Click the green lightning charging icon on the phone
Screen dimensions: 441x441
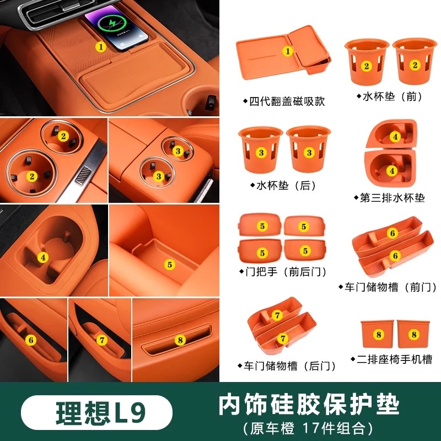coord(112,24)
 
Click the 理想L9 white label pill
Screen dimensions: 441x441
coord(96,412)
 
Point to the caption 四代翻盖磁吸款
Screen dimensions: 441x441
coord(284,101)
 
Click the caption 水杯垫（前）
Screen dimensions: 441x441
coord(390,96)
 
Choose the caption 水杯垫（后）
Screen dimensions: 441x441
coord(284,185)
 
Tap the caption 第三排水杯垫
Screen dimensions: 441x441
coord(390,198)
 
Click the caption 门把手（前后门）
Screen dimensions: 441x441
coord(283,272)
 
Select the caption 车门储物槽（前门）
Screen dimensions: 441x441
coord(388,287)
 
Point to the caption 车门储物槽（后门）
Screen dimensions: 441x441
coord(287,365)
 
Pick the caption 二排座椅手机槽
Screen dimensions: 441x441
coord(392,359)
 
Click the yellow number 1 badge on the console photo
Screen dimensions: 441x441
coord(101,47)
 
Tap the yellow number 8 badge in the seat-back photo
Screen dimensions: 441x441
coord(180,340)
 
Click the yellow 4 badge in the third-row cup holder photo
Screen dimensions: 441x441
coord(43,257)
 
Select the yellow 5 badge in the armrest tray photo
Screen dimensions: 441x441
coord(170,265)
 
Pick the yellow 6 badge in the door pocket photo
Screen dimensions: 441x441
coord(31,340)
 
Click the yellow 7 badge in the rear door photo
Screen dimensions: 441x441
coord(102,340)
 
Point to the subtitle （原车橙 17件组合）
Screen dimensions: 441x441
coord(308,428)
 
